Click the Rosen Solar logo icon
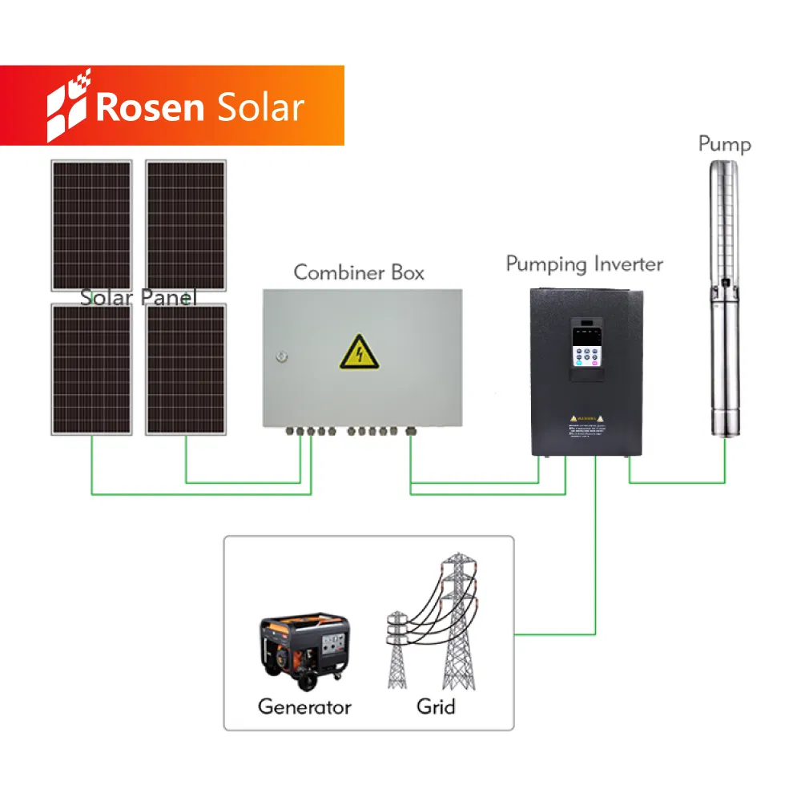(x=68, y=106)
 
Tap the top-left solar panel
(x=91, y=224)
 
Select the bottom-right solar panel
(x=186, y=368)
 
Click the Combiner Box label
(x=359, y=272)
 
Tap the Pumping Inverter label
(x=584, y=264)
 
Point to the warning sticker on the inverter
(x=589, y=424)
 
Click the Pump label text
(x=724, y=144)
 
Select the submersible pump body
(x=725, y=304)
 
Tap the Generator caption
(x=304, y=706)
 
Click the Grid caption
(x=436, y=706)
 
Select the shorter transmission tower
(x=398, y=649)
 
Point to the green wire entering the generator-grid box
(x=553, y=635)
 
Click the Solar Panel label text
(x=138, y=297)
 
